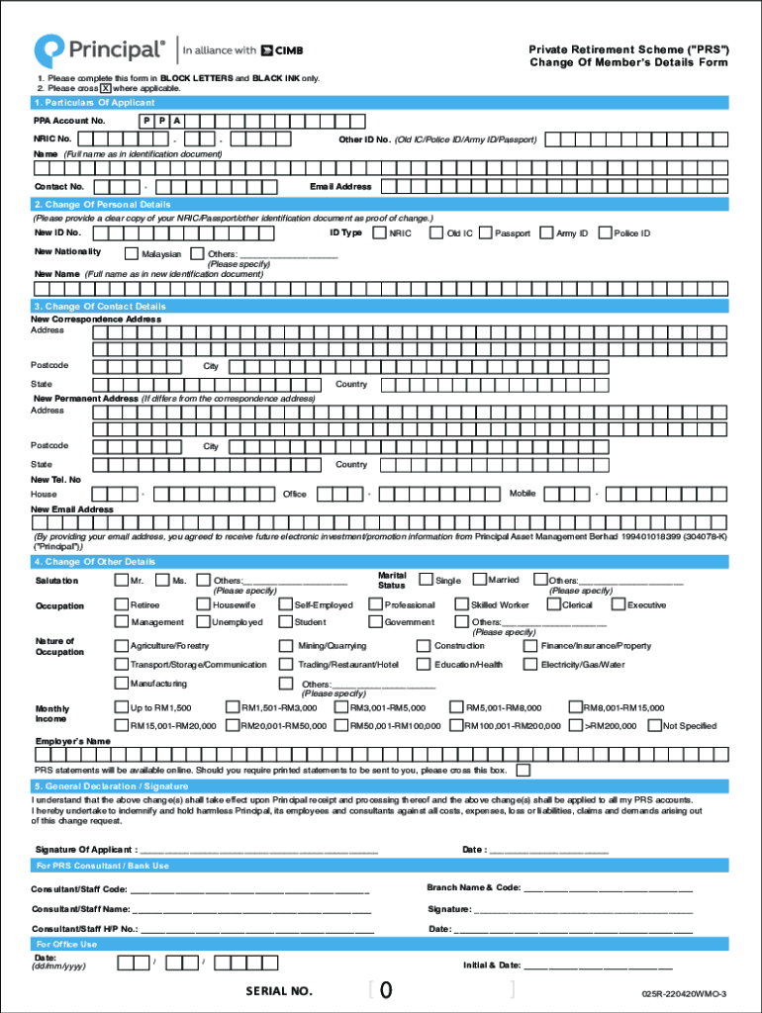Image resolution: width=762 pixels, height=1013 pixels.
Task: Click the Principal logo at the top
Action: tap(99, 49)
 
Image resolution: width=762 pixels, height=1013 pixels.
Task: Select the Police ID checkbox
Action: tap(606, 233)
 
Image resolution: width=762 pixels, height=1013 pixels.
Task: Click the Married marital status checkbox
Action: tap(479, 580)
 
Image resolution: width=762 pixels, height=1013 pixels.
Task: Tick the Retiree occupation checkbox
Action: tap(121, 604)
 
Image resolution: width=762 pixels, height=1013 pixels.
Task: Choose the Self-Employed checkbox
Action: tap(285, 604)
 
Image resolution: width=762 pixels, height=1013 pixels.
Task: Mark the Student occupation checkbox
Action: tap(285, 622)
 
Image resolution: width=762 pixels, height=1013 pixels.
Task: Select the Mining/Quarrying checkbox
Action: tap(289, 646)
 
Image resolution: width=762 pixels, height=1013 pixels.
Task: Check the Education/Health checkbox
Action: tap(426, 665)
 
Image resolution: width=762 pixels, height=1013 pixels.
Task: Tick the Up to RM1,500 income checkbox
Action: tap(121, 707)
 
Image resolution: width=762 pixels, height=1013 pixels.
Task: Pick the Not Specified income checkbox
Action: tap(654, 725)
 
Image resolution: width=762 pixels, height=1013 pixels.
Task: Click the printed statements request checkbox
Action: tap(523, 770)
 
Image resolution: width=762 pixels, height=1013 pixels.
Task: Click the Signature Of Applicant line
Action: tap(258, 849)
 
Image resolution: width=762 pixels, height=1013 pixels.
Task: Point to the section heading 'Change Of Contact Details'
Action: tap(99, 307)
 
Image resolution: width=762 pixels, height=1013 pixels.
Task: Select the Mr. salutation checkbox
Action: tap(121, 581)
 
